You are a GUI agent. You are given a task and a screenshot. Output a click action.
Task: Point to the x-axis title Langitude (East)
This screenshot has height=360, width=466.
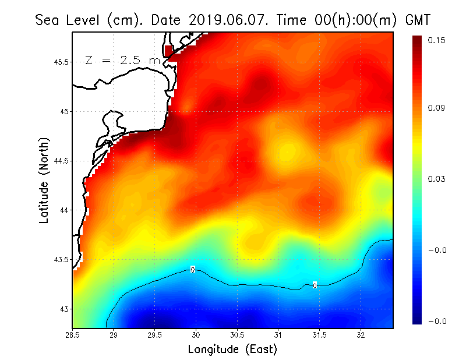(232, 350)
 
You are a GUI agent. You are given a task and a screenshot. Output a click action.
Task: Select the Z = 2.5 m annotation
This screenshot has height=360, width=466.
(122, 60)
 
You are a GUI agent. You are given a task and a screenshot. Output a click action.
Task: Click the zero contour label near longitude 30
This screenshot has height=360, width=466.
(192, 269)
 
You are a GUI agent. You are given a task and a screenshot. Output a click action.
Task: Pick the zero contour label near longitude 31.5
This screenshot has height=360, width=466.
(315, 285)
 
